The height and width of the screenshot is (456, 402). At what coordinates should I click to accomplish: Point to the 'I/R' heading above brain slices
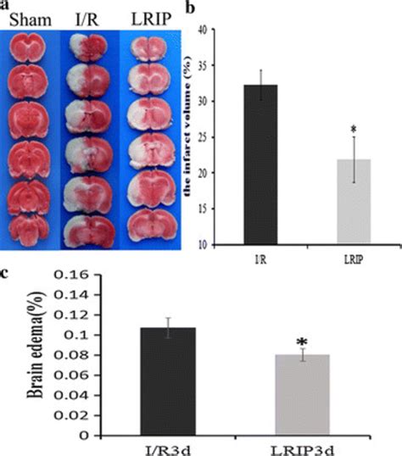(x=87, y=19)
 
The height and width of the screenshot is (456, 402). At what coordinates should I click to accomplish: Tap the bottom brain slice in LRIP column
(x=144, y=222)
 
